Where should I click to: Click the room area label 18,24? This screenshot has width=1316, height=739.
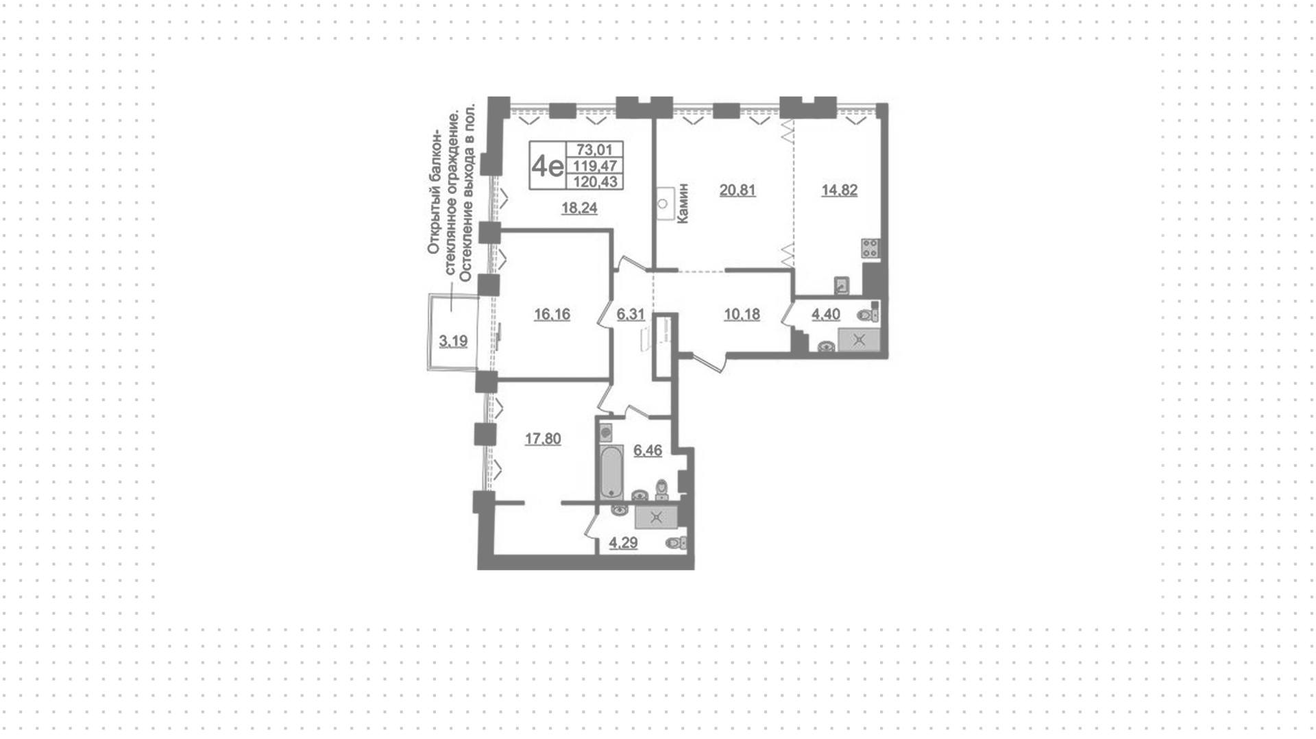(x=579, y=208)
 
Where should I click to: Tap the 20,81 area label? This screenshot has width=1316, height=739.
(x=738, y=190)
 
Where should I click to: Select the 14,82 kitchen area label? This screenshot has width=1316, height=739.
(x=840, y=190)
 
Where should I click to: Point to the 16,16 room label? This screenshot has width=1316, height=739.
(x=552, y=315)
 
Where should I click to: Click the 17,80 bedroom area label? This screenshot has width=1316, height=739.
(x=543, y=439)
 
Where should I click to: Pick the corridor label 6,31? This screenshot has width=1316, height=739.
(x=631, y=315)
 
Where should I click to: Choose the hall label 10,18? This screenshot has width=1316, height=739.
(x=742, y=315)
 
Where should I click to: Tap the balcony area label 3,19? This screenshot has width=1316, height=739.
(x=454, y=341)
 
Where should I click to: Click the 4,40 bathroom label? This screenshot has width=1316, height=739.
(x=826, y=315)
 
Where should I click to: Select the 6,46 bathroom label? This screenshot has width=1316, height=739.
(x=648, y=450)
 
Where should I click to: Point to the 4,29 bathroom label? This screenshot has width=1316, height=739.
(x=624, y=544)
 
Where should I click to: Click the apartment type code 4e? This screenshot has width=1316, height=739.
(x=548, y=166)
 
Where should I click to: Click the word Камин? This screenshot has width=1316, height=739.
(x=683, y=203)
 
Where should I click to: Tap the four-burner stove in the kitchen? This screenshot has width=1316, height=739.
(x=870, y=247)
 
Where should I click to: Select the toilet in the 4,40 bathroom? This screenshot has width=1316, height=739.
(x=868, y=315)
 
